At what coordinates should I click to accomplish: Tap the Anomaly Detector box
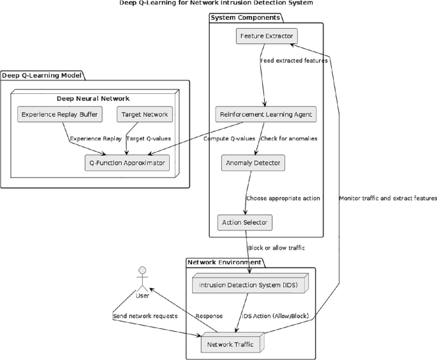point(253,163)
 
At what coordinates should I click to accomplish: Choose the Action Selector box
point(245,223)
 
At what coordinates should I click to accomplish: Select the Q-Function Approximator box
point(128,163)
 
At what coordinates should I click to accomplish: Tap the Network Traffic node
point(230,345)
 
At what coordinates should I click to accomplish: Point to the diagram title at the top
point(218,3)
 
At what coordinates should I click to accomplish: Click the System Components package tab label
point(245,17)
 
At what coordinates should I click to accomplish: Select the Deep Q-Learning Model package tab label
point(41,75)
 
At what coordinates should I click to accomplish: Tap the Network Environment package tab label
point(224,262)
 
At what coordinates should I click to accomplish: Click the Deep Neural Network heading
point(94,98)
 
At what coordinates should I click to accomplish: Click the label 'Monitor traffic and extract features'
point(388,199)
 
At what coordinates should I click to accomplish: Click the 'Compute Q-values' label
point(229,138)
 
